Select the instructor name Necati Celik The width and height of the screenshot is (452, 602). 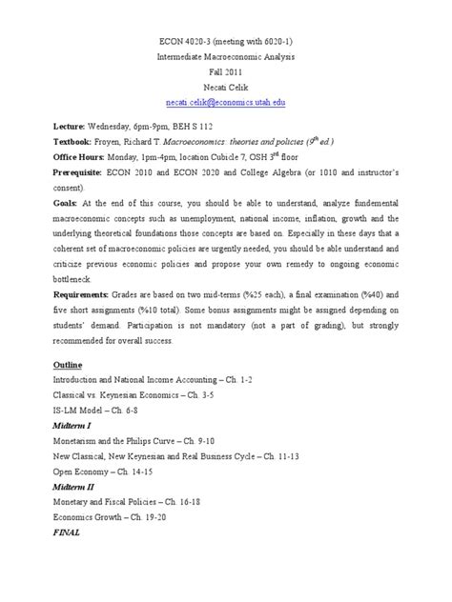(226, 82)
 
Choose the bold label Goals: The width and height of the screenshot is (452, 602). (45, 204)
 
